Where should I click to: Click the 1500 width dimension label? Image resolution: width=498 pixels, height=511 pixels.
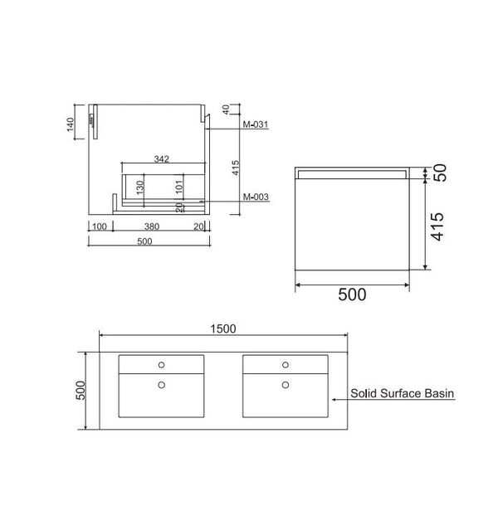tap(223, 328)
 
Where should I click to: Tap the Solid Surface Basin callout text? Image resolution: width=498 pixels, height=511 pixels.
tap(402, 393)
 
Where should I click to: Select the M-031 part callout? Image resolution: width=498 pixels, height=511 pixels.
tap(256, 124)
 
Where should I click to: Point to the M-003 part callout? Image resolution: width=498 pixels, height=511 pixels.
tap(256, 197)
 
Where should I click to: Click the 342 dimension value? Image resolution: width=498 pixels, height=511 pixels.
tap(161, 158)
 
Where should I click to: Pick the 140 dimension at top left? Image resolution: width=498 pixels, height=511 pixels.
tap(71, 124)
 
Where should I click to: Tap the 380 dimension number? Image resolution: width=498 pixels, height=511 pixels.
tap(152, 226)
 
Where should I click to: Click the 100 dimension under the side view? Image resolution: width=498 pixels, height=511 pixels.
tap(100, 226)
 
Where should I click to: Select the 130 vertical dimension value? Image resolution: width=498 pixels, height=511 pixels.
tap(140, 187)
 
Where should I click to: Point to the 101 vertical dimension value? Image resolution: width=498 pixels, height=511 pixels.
tap(179, 187)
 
